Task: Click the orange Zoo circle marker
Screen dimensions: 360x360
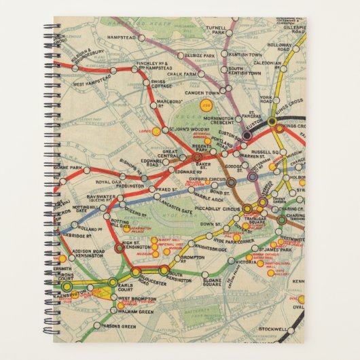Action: coord(205,105)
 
